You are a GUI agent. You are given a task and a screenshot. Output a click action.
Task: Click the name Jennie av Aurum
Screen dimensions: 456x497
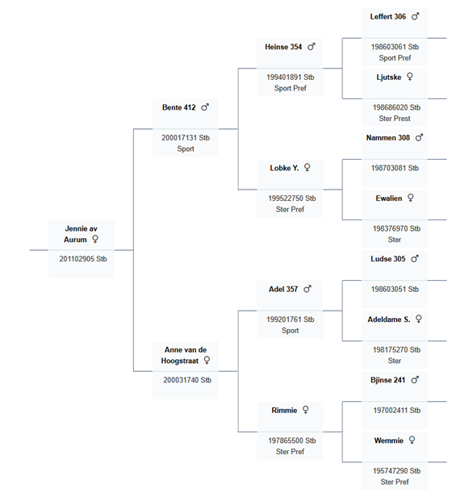81,234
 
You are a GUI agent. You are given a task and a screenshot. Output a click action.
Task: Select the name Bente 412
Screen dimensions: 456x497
179,107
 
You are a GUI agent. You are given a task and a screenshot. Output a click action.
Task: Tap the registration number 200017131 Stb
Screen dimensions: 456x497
186,138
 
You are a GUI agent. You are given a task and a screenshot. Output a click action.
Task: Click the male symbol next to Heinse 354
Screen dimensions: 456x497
312,47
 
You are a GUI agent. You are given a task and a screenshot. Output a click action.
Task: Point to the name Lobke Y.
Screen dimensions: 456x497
284,168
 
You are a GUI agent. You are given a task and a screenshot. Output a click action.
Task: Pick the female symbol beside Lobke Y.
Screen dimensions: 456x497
307,167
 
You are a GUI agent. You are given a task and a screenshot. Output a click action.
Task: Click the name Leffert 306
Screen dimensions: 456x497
388,16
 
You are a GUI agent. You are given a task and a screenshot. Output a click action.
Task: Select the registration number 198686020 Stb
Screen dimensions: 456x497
396,107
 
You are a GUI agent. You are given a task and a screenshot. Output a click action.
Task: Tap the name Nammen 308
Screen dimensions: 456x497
388,138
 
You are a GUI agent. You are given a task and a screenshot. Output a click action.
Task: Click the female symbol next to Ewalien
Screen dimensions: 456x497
410,198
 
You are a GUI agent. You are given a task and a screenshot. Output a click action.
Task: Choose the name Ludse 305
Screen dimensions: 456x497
388,259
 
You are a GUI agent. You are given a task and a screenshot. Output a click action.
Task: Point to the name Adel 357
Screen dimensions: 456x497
283,289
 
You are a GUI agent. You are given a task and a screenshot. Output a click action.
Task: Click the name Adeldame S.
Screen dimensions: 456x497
389,319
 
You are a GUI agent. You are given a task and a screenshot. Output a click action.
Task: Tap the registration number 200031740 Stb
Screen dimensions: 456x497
187,380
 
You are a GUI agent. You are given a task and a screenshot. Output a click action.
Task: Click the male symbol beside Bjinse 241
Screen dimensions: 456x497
415,379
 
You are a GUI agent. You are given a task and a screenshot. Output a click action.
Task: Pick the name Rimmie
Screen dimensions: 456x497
284,411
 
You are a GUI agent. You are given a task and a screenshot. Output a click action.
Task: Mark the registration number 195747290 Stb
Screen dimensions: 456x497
396,471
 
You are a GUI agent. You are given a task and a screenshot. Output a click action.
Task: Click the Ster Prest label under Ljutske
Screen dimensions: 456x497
395,119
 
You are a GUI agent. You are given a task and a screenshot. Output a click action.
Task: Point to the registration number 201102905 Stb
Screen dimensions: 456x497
83,259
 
